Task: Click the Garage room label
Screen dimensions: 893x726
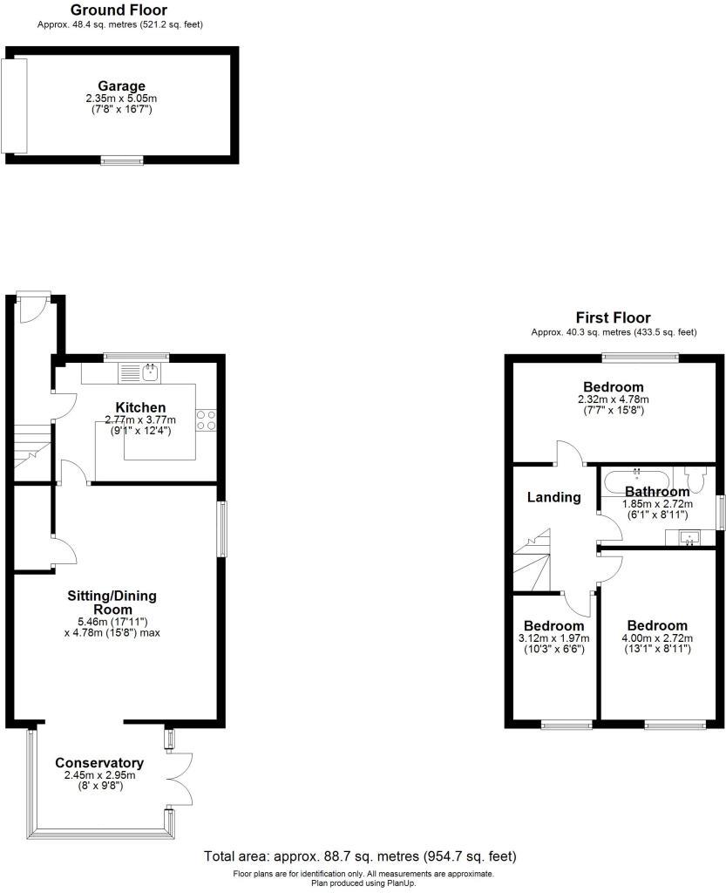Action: click(121, 85)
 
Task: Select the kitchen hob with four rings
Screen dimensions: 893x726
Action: click(207, 419)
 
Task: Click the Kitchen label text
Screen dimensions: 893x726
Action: click(140, 407)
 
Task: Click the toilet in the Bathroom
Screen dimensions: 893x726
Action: click(696, 481)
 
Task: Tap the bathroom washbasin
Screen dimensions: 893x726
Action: click(690, 538)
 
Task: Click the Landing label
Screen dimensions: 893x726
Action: click(554, 497)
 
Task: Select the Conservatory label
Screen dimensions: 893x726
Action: click(98, 762)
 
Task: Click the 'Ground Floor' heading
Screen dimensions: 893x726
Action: click(119, 10)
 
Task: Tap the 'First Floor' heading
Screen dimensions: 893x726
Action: click(613, 317)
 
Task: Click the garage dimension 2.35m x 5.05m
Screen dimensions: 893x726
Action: click(121, 99)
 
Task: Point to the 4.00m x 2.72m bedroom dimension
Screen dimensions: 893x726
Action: click(657, 638)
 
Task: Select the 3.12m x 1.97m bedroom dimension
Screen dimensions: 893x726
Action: click(553, 638)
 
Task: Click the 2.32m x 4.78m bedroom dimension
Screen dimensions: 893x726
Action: click(613, 399)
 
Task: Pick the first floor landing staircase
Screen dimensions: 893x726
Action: click(531, 562)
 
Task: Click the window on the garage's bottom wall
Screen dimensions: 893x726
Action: click(121, 160)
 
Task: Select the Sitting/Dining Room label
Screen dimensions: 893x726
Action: click(112, 603)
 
